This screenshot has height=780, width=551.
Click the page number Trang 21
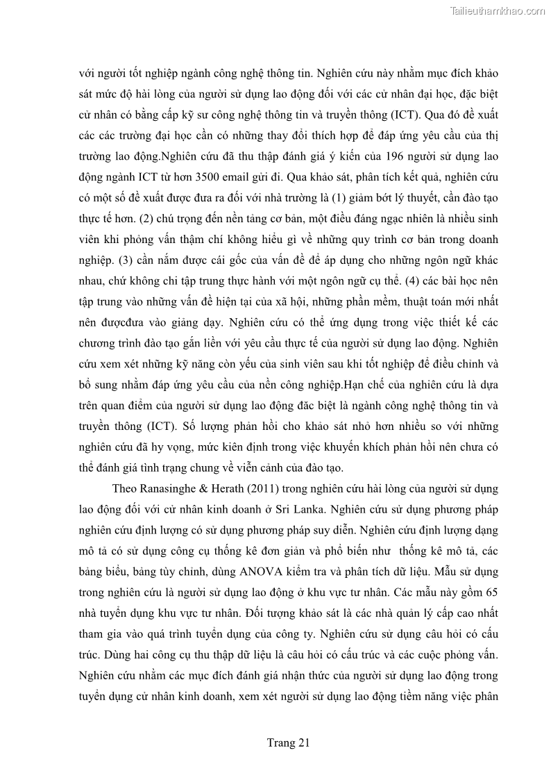click(x=288, y=742)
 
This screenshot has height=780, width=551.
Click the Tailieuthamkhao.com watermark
click(x=498, y=10)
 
